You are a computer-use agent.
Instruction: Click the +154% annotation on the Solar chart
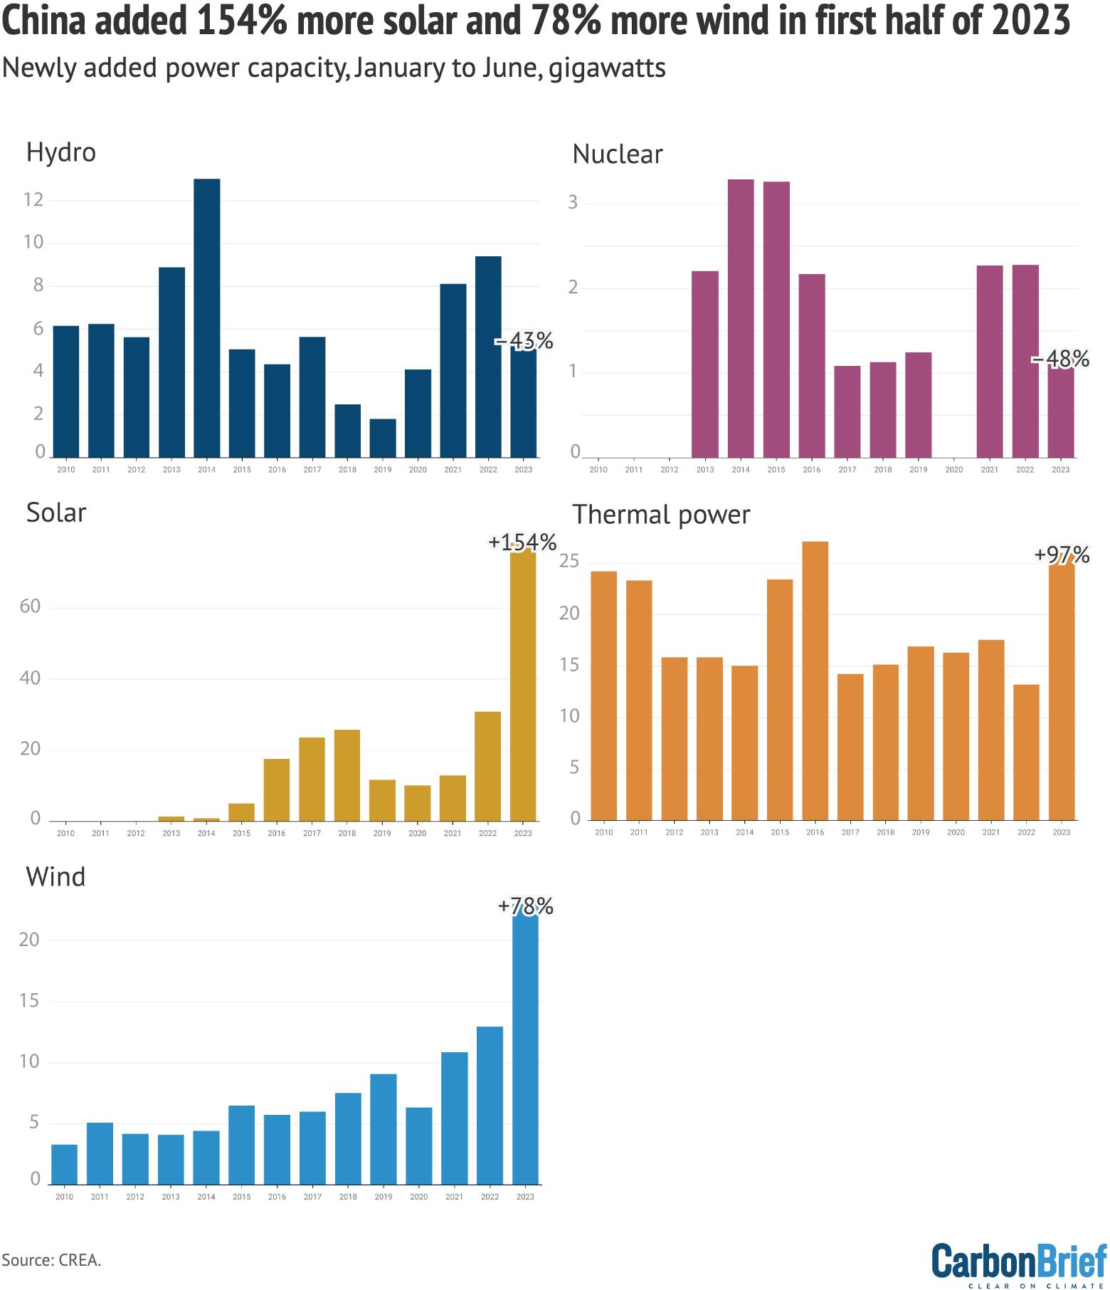[522, 542]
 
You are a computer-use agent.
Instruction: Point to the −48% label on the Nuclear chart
[1060, 360]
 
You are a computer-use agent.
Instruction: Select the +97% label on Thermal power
[1061, 555]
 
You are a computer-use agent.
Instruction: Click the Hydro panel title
[61, 152]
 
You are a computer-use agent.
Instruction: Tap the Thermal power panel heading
[661, 515]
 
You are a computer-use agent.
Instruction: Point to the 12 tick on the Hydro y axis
[33, 199]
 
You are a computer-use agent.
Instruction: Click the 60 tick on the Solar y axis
[31, 607]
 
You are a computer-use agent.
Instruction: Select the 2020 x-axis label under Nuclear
[953, 470]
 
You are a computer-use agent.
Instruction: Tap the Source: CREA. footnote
[51, 1260]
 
